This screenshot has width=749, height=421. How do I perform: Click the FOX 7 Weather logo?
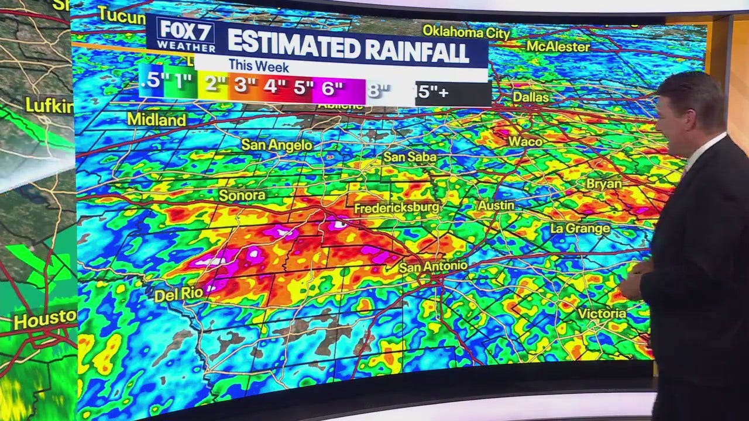pos(181,35)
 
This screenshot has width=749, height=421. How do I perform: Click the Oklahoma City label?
pos(466,31)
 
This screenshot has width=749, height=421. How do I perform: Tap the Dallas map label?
pos(531,96)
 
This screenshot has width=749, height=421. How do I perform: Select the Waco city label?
pos(525,141)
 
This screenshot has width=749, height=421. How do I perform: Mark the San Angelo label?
pos(277,145)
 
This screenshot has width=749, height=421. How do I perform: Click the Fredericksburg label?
pos(396,208)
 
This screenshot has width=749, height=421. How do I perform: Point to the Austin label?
pos(496,205)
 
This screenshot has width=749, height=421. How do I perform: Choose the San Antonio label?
pos(433,266)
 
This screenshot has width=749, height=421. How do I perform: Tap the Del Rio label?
pos(178,295)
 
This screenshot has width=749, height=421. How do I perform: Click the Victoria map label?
pos(602,313)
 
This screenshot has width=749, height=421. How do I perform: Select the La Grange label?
pos(580,228)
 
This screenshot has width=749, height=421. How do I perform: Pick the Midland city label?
pos(156,120)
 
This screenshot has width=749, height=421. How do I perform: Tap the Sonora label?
pos(242,195)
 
